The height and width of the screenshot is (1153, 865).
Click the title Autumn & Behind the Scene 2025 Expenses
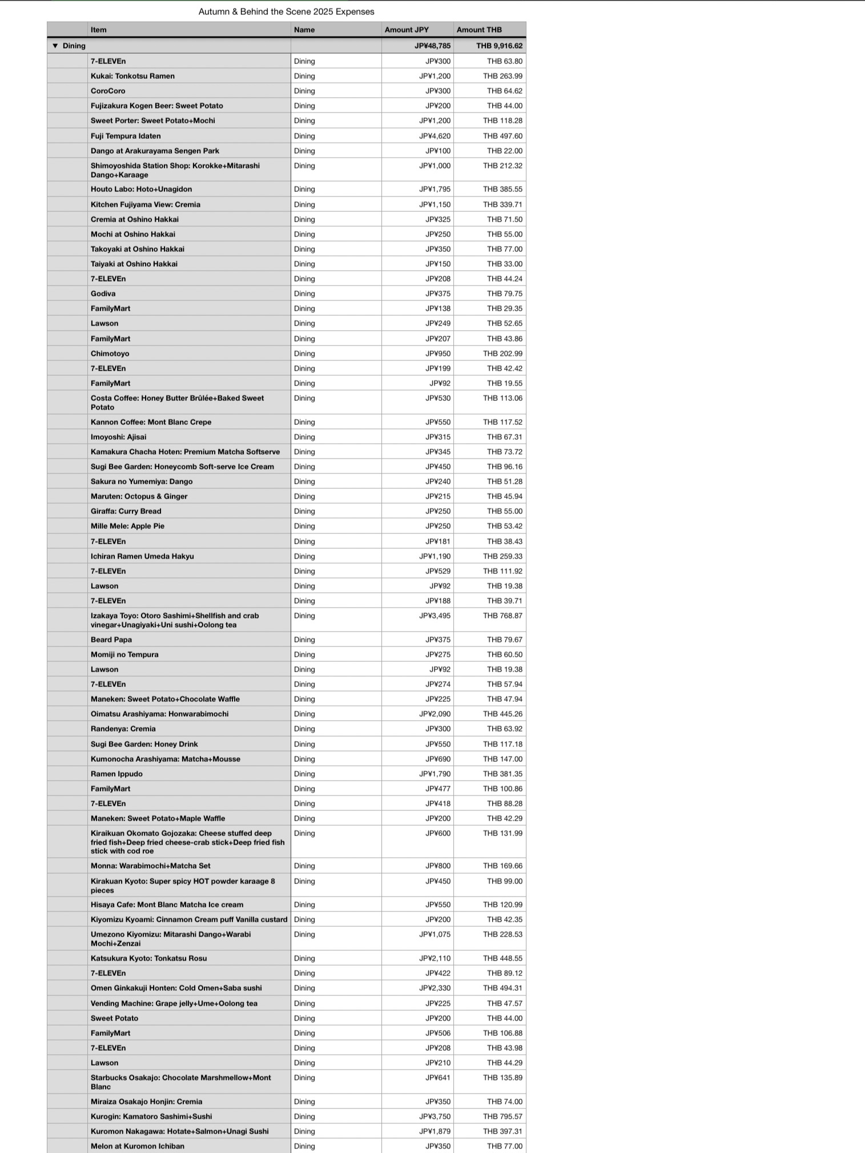coord(286,11)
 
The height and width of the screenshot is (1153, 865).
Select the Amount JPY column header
coord(407,30)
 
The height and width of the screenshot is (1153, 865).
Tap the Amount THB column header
coord(479,30)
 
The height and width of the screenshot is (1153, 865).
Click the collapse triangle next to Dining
coord(55,46)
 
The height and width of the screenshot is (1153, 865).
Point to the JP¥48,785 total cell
coord(432,46)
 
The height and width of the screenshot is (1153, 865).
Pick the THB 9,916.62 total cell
coord(499,46)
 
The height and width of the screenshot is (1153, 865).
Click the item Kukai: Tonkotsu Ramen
coord(132,76)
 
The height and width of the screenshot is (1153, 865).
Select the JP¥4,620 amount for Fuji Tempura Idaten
coord(434,136)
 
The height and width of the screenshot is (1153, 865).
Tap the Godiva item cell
coord(103,294)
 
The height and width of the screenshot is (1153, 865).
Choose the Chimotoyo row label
coord(110,353)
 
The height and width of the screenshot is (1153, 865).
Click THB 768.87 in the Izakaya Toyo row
coord(502,616)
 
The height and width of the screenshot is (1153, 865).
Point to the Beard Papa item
coord(111,640)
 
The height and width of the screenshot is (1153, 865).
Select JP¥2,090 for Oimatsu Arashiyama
coord(434,714)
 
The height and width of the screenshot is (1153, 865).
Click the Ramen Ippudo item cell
coord(116,774)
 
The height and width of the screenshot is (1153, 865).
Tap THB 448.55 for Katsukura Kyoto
coord(502,958)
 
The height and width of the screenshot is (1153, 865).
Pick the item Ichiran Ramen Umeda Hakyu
coord(142,556)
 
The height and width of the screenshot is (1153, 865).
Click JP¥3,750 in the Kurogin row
coord(434,1116)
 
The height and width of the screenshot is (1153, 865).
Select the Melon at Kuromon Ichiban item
coord(137,1146)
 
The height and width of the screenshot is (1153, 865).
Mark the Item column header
coord(98,30)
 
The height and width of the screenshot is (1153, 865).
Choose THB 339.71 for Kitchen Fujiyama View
coord(502,204)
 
